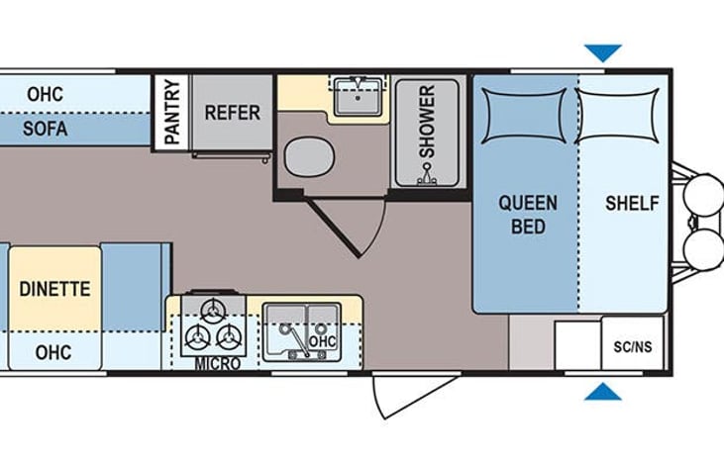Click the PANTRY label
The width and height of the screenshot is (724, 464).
pyautogui.click(x=171, y=111)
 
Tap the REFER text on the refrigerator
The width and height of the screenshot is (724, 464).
pyautogui.click(x=232, y=112)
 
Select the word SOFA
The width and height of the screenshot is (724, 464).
pyautogui.click(x=47, y=129)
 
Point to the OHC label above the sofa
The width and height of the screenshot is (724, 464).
pyautogui.click(x=46, y=95)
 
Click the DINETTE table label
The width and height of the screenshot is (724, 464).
pyautogui.click(x=54, y=289)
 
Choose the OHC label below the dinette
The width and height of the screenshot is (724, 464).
pyautogui.click(x=52, y=351)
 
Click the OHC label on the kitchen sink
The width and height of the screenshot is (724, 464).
pyautogui.click(x=323, y=341)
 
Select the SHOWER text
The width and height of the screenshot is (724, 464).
pyautogui.click(x=427, y=123)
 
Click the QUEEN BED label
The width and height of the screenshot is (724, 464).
pyautogui.click(x=527, y=215)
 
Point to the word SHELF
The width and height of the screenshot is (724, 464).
pyautogui.click(x=631, y=204)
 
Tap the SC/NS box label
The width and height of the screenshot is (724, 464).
pyautogui.click(x=632, y=347)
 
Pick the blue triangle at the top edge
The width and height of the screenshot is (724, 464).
pyautogui.click(x=602, y=52)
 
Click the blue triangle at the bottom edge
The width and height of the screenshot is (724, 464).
pyautogui.click(x=602, y=393)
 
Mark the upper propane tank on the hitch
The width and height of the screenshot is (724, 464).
pyautogui.click(x=704, y=190)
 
